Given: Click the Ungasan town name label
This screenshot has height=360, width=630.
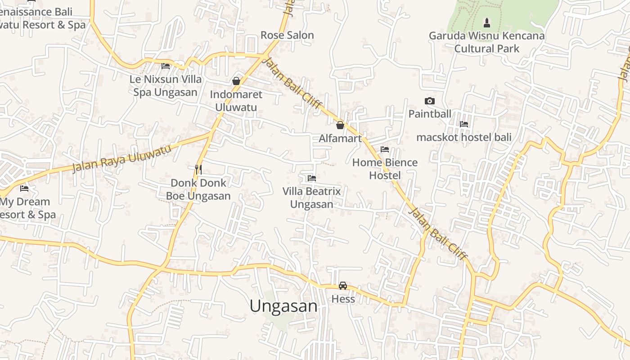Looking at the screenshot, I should (x=283, y=306).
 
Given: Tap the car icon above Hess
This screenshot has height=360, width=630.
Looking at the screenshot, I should (x=343, y=285).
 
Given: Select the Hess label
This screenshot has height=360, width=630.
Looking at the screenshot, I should (x=343, y=299).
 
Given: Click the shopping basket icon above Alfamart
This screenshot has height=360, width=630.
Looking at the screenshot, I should (x=340, y=125).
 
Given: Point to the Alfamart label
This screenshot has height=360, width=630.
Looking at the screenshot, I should (x=340, y=138).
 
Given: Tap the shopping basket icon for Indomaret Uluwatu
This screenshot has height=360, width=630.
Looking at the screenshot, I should (x=236, y=81).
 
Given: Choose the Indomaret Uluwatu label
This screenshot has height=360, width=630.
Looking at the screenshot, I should (x=236, y=101).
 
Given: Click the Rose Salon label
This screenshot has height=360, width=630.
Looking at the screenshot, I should (x=287, y=35).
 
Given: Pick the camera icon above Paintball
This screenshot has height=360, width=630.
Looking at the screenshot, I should (x=430, y=101).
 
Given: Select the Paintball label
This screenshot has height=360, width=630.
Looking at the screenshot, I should (x=430, y=114).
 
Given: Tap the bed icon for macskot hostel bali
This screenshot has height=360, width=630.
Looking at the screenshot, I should (x=464, y=124).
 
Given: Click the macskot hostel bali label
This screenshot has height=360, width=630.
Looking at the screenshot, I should (x=464, y=137).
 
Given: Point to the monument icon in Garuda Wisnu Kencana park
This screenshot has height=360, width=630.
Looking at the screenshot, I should (x=486, y=22).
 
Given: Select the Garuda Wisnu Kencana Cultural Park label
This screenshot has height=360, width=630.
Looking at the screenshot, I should (x=486, y=42).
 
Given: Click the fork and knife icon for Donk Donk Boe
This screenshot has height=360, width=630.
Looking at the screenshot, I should (x=198, y=169).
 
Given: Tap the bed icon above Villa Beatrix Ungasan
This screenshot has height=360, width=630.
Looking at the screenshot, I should (x=311, y=178).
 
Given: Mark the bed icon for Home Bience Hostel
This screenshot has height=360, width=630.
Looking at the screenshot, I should (x=385, y=149).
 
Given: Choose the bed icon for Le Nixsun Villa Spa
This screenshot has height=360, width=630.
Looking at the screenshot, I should (x=166, y=66).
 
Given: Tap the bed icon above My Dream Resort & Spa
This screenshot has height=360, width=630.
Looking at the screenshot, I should (x=24, y=188).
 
